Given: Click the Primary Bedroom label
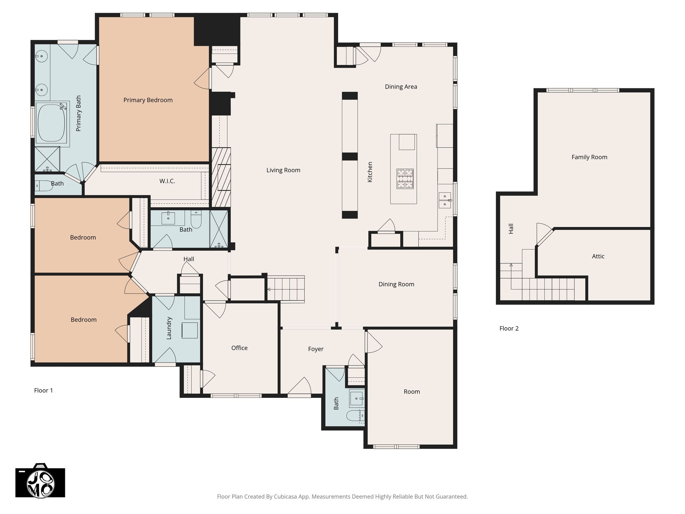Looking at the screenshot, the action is pyautogui.click(x=148, y=100).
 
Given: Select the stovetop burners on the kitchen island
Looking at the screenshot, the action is pyautogui.click(x=405, y=179).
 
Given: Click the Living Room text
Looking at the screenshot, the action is pyautogui.click(x=283, y=170).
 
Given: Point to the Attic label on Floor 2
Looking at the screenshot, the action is pyautogui.click(x=598, y=256).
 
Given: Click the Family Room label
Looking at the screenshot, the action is pyautogui.click(x=589, y=157).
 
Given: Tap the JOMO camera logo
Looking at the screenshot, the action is pyautogui.click(x=40, y=481).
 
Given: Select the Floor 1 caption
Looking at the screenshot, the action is pyautogui.click(x=43, y=391).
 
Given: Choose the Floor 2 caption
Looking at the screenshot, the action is pyautogui.click(x=509, y=328).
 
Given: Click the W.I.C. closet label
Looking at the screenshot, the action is pyautogui.click(x=167, y=181).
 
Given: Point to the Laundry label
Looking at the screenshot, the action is pyautogui.click(x=169, y=328).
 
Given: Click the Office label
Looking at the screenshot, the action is pyautogui.click(x=239, y=348).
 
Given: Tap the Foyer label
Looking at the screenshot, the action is pyautogui.click(x=316, y=349).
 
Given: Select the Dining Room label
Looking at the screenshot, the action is pyautogui.click(x=396, y=284).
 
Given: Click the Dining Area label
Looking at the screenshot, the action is pyautogui.click(x=401, y=87).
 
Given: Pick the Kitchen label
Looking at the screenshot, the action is pyautogui.click(x=370, y=172).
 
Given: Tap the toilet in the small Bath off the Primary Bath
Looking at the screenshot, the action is pyautogui.click(x=43, y=185).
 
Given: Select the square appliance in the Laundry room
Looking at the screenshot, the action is pyautogui.click(x=190, y=330).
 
